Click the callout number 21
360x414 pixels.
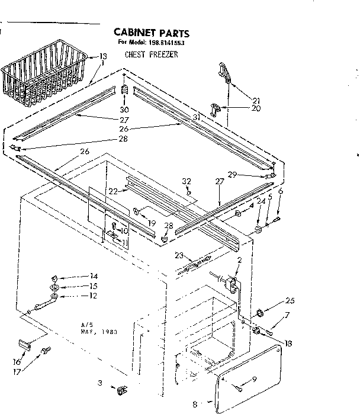(256, 100)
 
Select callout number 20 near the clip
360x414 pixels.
(256, 108)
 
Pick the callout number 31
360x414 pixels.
(197, 117)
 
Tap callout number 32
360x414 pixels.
(187, 181)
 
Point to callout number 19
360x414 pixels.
(152, 223)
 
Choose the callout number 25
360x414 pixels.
(289, 300)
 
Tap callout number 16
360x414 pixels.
(18, 362)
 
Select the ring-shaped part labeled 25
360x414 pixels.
(260, 313)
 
